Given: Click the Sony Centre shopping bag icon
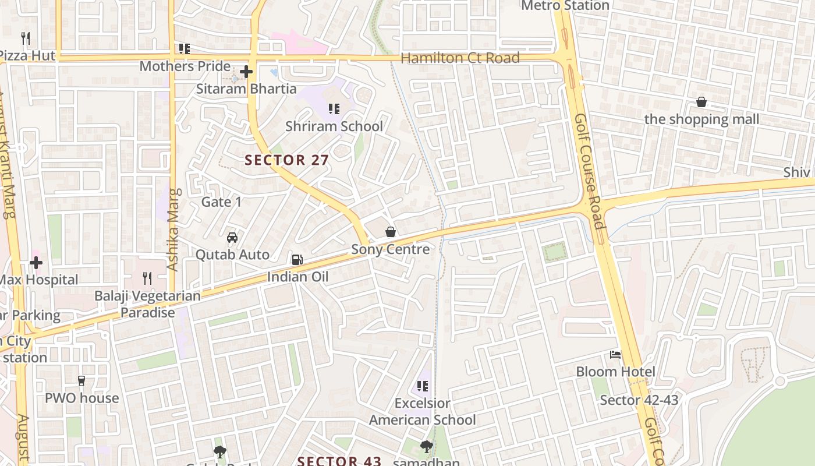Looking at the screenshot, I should [x=391, y=232].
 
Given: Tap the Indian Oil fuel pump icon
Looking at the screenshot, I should [x=297, y=259].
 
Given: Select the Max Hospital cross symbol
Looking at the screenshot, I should [x=36, y=263].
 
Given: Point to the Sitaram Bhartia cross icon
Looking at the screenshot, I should [x=246, y=72].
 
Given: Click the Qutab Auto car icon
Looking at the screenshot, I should [x=232, y=238].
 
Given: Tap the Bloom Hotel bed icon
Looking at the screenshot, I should [x=615, y=354].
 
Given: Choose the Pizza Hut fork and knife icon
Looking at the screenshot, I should [x=25, y=38].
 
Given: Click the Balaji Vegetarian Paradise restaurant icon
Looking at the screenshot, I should [x=147, y=278].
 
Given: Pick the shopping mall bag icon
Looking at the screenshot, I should [x=701, y=103].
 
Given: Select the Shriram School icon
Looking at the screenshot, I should [x=334, y=109].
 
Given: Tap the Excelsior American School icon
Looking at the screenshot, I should [x=423, y=386].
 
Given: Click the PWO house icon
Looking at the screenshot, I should [x=81, y=381].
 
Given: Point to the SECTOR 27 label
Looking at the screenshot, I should [x=287, y=160].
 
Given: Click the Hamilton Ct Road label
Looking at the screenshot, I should [x=460, y=58].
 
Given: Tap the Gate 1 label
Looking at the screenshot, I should [x=221, y=202].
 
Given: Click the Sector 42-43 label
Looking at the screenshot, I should [x=639, y=400].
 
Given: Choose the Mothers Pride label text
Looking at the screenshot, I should [x=185, y=66].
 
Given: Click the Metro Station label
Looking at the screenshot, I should [x=565, y=6].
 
